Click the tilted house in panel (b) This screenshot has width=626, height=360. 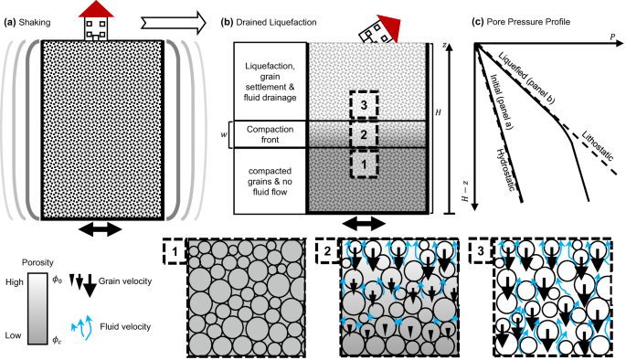(379, 29)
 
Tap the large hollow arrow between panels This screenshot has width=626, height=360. (174, 23)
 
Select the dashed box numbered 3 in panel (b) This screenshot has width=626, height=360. (364, 104)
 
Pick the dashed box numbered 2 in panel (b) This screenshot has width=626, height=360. (364, 134)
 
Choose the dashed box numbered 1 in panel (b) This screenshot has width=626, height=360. (364, 164)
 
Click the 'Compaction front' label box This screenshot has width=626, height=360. (270, 134)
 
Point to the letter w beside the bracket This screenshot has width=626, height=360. (224, 134)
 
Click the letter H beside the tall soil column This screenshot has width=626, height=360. (438, 112)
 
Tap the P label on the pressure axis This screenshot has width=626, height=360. (612, 37)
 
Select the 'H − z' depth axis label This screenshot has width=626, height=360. (465, 191)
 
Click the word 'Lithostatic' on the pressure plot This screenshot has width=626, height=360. (598, 145)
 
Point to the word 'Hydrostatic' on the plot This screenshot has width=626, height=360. (506, 170)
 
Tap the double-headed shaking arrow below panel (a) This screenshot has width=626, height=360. (100, 229)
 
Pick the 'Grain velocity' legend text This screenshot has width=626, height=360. (125, 281)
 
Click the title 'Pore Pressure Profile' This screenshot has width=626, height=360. (528, 22)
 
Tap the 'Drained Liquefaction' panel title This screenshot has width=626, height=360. (276, 22)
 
